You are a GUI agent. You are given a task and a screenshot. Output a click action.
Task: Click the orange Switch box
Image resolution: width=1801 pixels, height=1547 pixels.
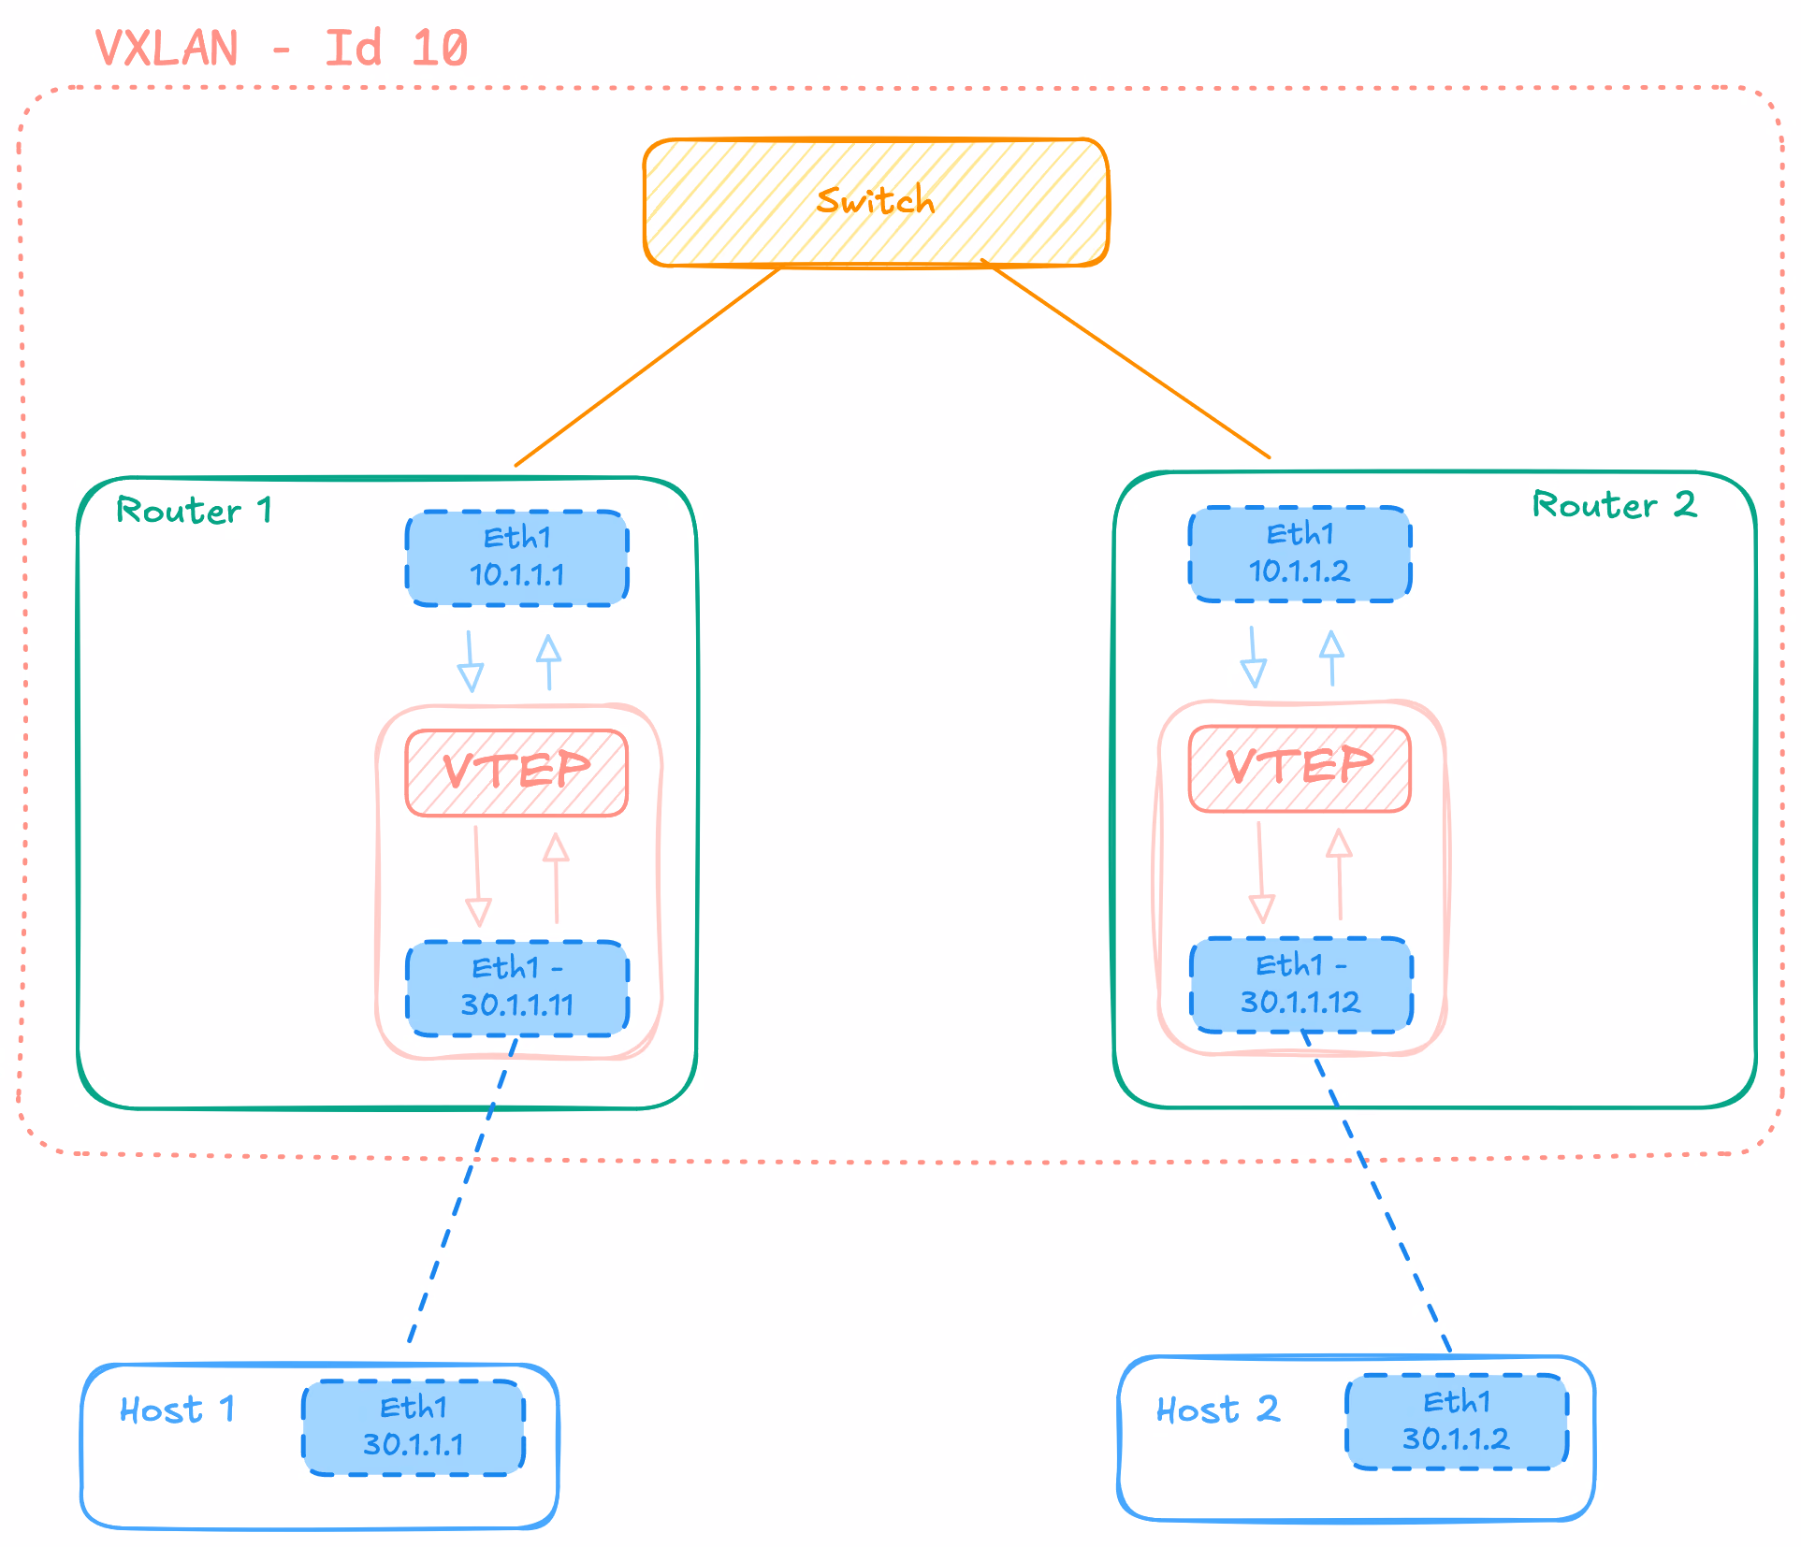876,202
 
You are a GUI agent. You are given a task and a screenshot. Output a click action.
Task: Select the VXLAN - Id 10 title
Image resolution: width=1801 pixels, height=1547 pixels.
282,48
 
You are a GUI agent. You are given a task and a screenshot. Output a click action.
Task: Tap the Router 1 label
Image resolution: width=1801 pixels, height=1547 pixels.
195,511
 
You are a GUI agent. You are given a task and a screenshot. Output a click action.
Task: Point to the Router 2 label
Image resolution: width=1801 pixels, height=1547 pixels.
1614,505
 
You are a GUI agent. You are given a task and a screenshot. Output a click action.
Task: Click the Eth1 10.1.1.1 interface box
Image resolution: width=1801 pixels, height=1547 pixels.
517,558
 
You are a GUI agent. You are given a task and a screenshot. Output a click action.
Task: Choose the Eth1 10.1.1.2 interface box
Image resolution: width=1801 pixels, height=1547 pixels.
1300,555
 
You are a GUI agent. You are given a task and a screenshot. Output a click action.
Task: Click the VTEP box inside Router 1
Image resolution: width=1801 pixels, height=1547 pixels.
516,773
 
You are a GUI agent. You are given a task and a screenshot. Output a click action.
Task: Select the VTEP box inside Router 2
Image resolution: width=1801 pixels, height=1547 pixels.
1300,769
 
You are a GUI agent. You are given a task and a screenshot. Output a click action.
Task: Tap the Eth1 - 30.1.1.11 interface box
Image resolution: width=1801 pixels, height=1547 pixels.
517,988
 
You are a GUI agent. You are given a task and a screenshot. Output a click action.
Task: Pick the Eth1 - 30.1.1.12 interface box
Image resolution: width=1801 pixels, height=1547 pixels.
1301,985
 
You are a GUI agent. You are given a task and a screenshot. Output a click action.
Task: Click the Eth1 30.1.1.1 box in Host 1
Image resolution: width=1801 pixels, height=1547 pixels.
414,1427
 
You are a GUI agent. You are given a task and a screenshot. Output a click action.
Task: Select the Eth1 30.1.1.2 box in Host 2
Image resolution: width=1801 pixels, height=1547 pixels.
1457,1422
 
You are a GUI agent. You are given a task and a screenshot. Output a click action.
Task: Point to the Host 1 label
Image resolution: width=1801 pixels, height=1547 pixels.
177,1410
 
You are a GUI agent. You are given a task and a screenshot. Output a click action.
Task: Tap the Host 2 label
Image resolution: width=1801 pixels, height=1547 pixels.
1218,1410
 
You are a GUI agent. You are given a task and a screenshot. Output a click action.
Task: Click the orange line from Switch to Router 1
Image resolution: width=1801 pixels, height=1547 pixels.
647,367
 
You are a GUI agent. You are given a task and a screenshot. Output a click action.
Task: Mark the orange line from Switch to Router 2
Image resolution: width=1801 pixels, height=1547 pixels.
1126,358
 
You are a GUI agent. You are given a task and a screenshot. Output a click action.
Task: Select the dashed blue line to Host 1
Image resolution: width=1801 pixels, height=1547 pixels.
462,1190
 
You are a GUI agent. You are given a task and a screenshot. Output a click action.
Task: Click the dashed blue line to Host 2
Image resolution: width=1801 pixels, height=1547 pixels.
1375,1191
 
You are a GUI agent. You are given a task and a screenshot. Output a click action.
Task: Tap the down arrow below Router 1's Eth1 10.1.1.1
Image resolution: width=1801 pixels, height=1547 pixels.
470,661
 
